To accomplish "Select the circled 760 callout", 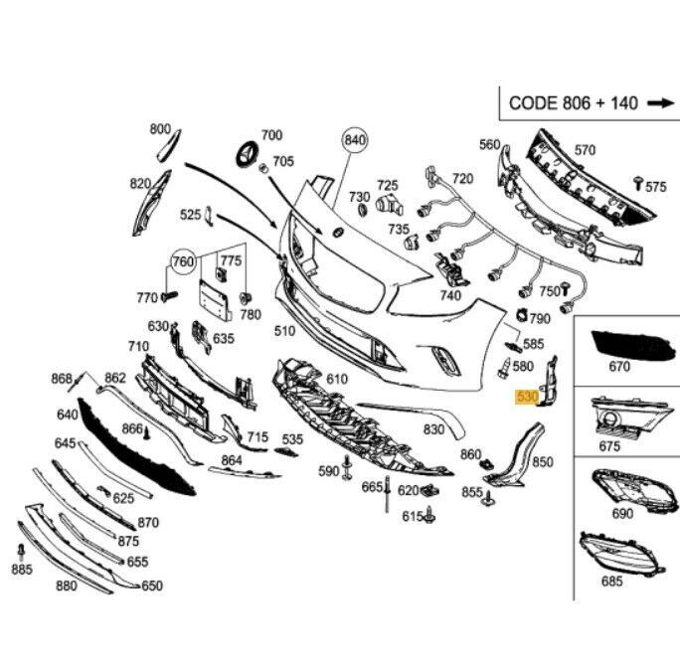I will tap(182, 262).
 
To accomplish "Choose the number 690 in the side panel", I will tap(622, 514).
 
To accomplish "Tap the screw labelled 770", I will tap(169, 295).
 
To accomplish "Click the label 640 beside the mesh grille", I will tap(68, 415).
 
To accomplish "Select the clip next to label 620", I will tap(430, 490).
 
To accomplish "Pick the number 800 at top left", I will tap(160, 128).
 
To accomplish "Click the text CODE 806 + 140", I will tap(574, 101).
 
